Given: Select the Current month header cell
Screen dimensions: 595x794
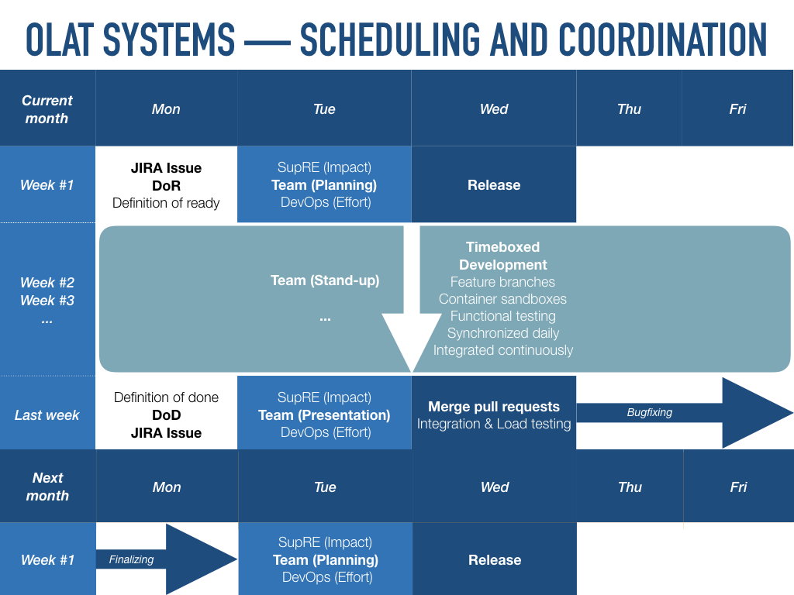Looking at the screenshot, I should point(47,109).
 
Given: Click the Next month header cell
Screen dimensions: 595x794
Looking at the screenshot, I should point(47,487).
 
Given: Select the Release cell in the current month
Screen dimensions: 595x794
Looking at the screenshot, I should point(494,185).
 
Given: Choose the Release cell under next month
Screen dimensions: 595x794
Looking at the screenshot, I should point(495,560).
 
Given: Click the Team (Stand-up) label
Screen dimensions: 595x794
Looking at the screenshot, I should point(325,280).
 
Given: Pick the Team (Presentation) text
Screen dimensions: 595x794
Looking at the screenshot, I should point(324,415).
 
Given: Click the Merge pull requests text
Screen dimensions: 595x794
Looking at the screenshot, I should point(494,407).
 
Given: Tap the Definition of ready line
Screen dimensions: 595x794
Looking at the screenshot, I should point(166,203).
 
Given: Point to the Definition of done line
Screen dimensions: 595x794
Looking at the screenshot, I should point(166,397).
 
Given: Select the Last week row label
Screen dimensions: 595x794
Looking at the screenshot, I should point(47,415).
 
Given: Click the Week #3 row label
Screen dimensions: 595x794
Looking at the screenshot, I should point(47,301).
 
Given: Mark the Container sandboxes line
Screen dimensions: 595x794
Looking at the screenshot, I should point(502,299).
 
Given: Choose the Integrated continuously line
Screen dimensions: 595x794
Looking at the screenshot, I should point(502,350).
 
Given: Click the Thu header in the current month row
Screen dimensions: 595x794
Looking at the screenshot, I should point(629,109).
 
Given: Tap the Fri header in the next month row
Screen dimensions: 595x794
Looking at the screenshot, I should point(738,487).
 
